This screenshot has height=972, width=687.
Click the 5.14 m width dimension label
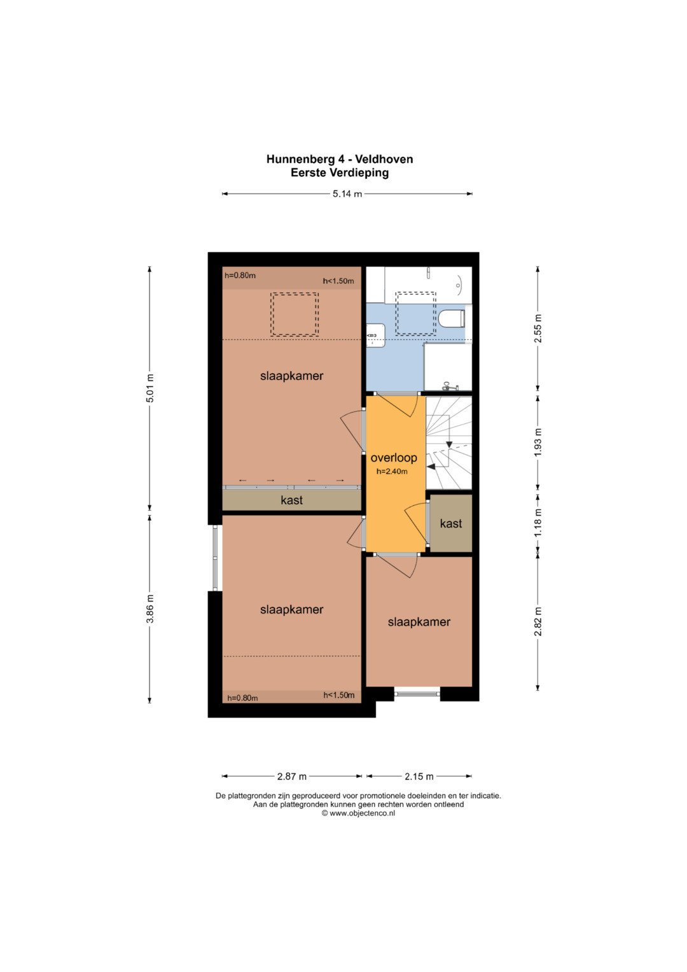tap(347, 194)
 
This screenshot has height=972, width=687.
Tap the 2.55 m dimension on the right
tap(538, 328)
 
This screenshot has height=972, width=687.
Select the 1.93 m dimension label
tap(538, 442)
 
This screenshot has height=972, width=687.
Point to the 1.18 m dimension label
tap(538, 522)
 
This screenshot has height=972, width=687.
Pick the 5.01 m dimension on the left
tap(149, 388)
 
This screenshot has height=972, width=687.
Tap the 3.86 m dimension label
tap(149, 609)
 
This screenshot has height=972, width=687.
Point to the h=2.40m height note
tap(392, 472)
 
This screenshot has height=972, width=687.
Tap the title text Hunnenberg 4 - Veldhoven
tap(340, 159)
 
